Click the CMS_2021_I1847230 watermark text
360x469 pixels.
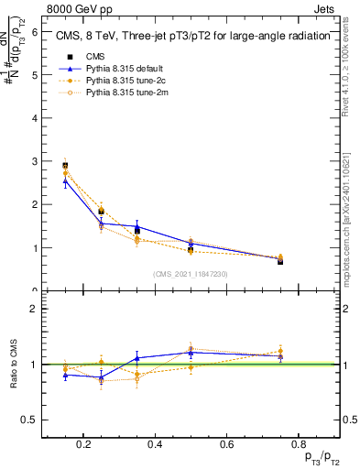pyautogui.click(x=191, y=274)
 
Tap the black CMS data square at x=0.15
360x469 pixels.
pyautogui.click(x=65, y=166)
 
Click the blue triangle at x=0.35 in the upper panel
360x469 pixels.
pyautogui.click(x=136, y=226)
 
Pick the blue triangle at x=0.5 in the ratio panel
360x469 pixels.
pyautogui.click(x=191, y=352)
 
